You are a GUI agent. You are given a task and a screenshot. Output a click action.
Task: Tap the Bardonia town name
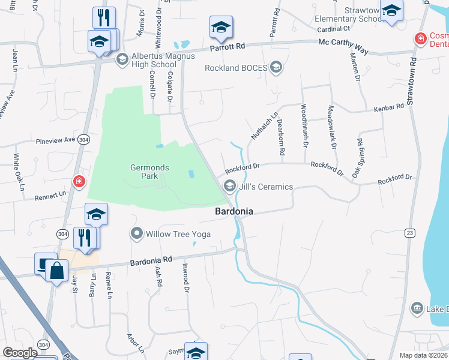[x=234, y=212]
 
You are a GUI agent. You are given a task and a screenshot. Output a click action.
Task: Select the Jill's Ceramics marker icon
[x=229, y=187]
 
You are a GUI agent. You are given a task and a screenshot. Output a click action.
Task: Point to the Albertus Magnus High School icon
[x=122, y=59]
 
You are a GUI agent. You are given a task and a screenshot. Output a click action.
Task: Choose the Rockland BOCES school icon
[x=276, y=67]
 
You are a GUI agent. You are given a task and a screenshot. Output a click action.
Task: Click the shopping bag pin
[x=56, y=271]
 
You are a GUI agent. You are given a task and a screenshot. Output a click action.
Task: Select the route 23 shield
[x=409, y=233]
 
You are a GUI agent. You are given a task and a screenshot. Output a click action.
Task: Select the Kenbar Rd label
[x=389, y=107]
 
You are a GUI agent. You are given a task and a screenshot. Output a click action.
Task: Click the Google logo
[x=20, y=353]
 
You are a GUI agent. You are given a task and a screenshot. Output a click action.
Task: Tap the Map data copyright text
[x=424, y=355]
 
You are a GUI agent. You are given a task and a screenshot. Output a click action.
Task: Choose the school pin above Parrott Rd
[x=221, y=28]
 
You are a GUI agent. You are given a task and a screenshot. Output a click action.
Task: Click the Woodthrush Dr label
[x=304, y=125]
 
